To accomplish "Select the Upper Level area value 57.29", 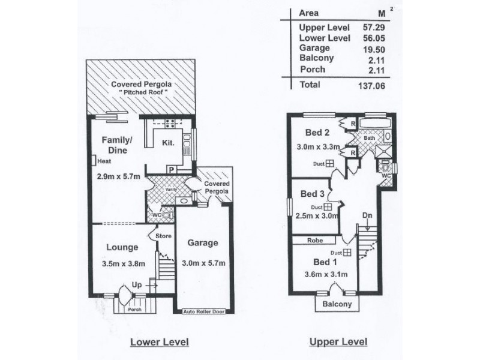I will point(372,28).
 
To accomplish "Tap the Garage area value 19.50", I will point(372,48).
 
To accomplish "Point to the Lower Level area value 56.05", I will point(372,38).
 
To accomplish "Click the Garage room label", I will point(202,243).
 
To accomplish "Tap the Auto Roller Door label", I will point(204,313).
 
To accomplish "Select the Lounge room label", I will point(122,247).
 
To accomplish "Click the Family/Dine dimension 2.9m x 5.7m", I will point(119,177).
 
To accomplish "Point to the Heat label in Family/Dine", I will point(104,161).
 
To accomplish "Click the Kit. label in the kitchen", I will point(167,143).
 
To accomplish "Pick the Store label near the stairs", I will point(163,236).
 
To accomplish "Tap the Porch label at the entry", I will point(135,310).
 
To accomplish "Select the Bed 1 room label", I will point(325,262).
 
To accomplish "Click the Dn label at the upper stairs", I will point(367,215).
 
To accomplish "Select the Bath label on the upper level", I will point(369,137).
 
